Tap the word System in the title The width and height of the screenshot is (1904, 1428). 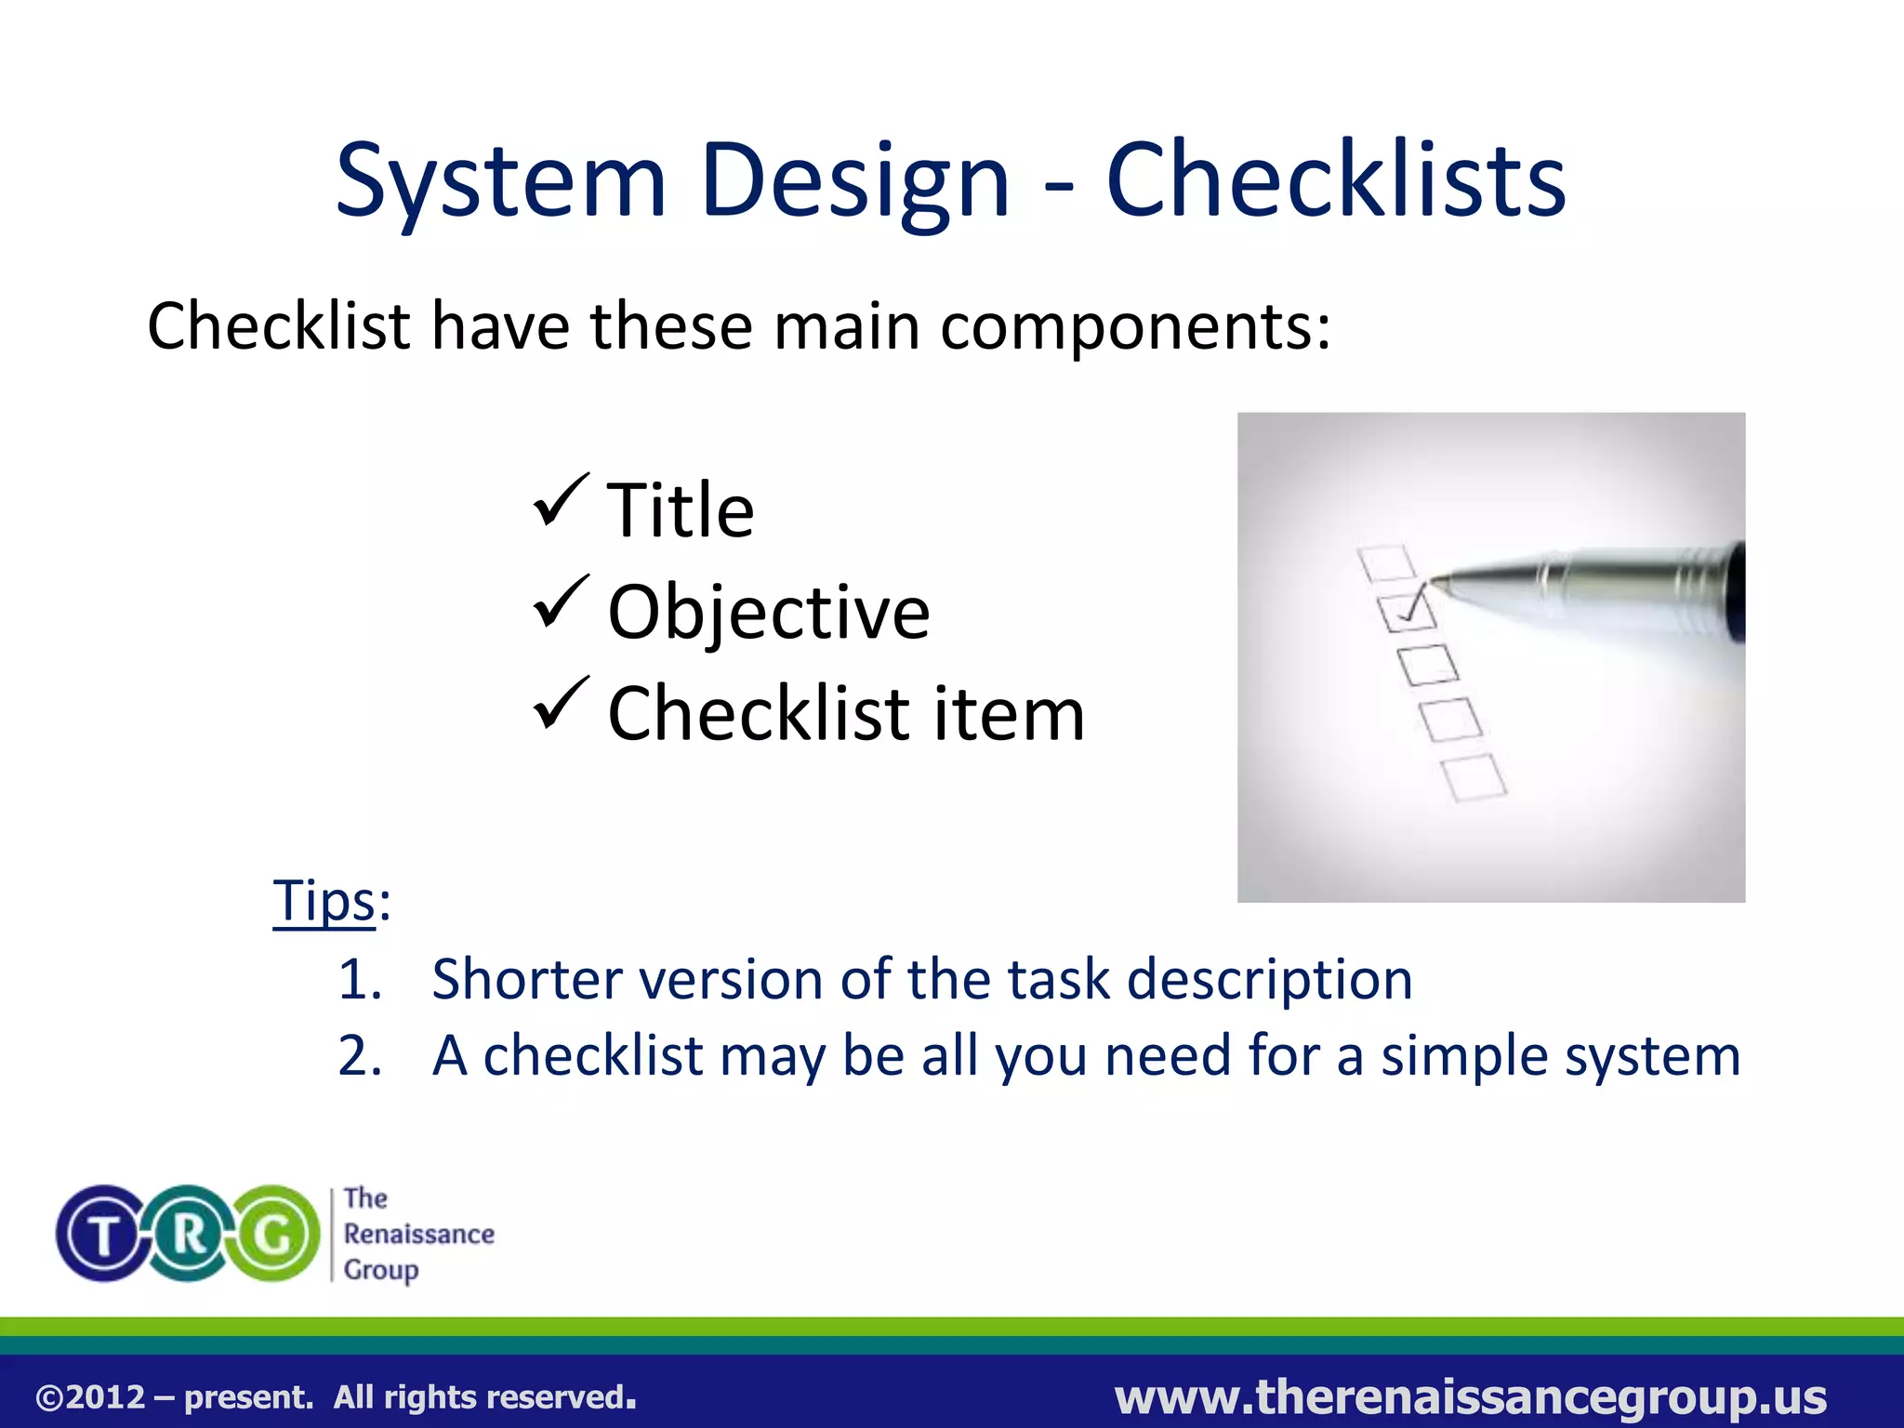pos(500,181)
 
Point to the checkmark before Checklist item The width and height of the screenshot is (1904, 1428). pos(561,704)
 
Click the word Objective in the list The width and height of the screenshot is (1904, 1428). pos(768,613)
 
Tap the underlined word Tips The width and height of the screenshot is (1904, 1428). pos(324,900)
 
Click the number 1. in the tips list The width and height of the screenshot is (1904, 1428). pos(360,980)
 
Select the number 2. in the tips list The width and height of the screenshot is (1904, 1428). pos(360,1056)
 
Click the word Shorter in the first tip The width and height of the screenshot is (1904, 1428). pos(526,980)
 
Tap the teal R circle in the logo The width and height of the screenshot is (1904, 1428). pos(189,1235)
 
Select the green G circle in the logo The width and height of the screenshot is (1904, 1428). pos(274,1235)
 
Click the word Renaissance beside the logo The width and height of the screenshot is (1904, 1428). pos(418,1234)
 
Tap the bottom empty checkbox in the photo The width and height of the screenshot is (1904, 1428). pos(1474,777)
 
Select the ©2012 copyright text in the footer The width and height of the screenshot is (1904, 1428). pos(91,1397)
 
